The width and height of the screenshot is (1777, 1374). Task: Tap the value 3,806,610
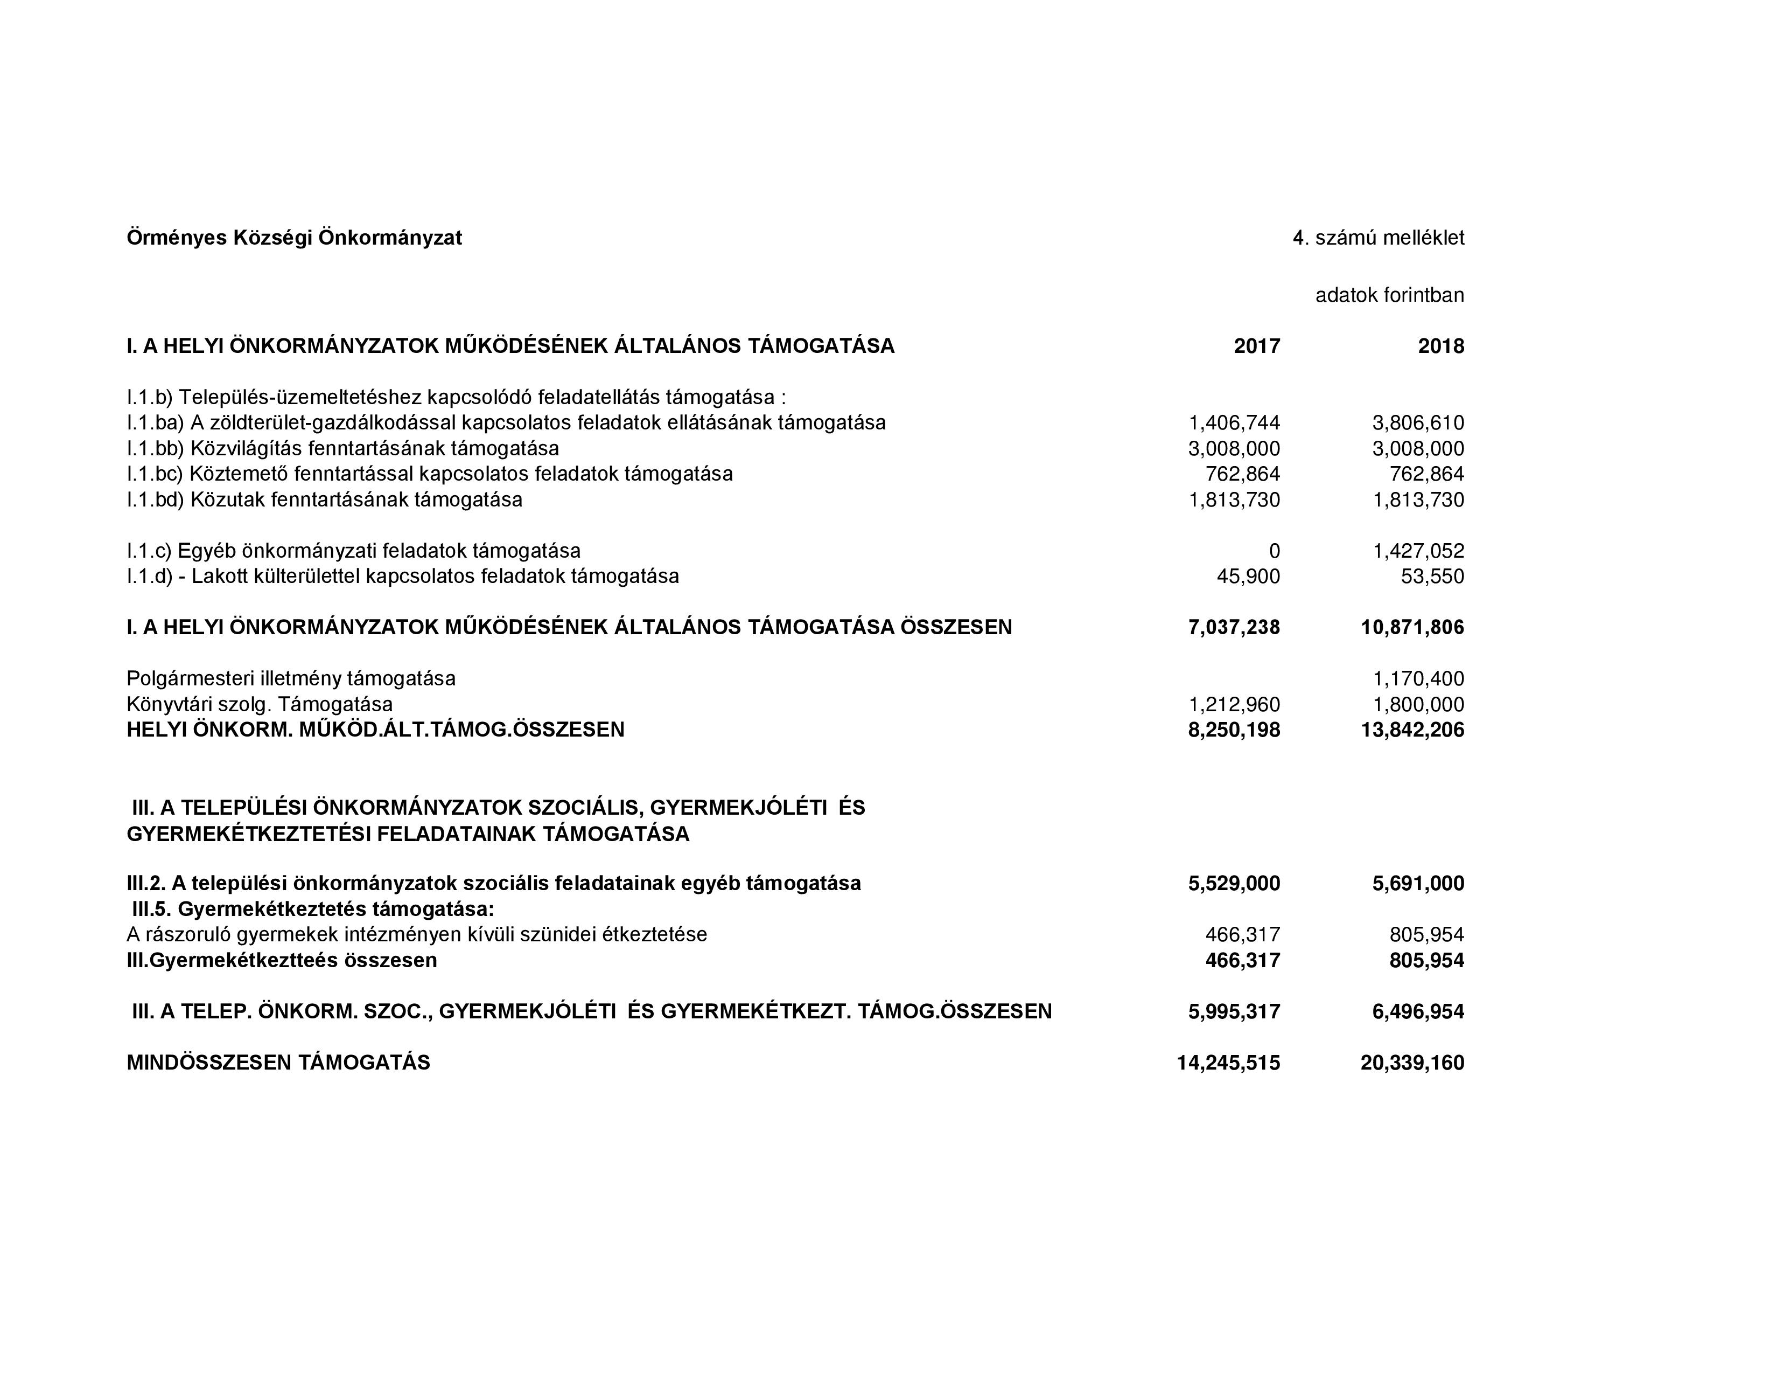(x=1418, y=424)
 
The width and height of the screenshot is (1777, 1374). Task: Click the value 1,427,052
(x=1418, y=551)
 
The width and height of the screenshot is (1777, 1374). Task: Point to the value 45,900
(x=1247, y=577)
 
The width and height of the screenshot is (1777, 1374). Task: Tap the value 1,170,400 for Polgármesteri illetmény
(x=1418, y=679)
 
